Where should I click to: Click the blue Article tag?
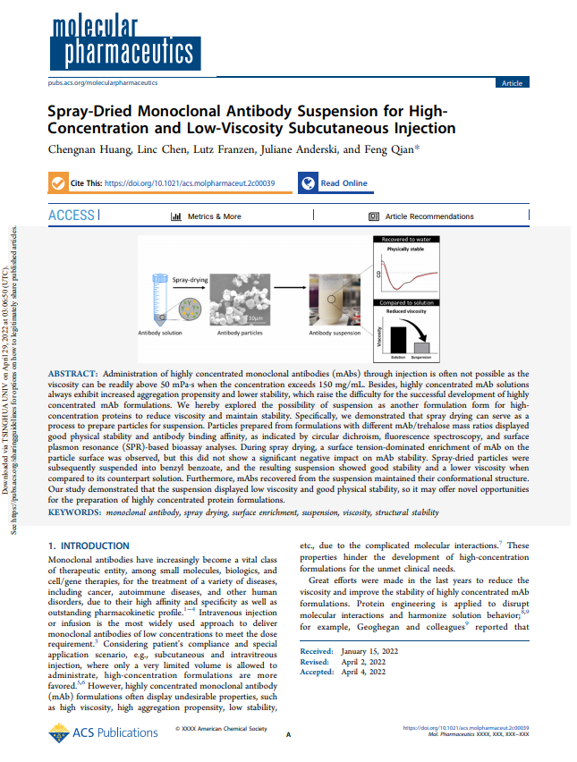[x=512, y=82]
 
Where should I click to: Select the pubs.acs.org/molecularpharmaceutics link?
[x=101, y=82]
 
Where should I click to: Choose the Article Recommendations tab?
[x=421, y=216]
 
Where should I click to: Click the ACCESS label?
[x=72, y=216]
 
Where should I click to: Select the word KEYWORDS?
[x=73, y=512]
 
